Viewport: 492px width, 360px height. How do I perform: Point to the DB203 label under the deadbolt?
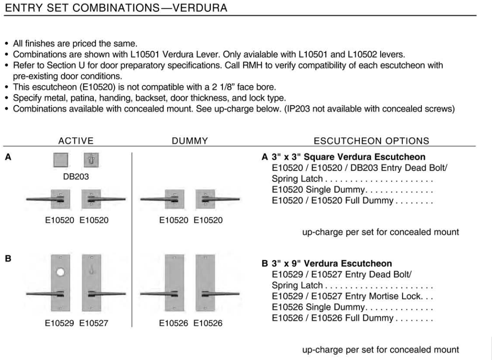click(76, 177)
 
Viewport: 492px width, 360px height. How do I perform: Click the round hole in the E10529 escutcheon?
click(61, 272)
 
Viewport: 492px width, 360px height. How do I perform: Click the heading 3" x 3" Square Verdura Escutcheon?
click(347, 157)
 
